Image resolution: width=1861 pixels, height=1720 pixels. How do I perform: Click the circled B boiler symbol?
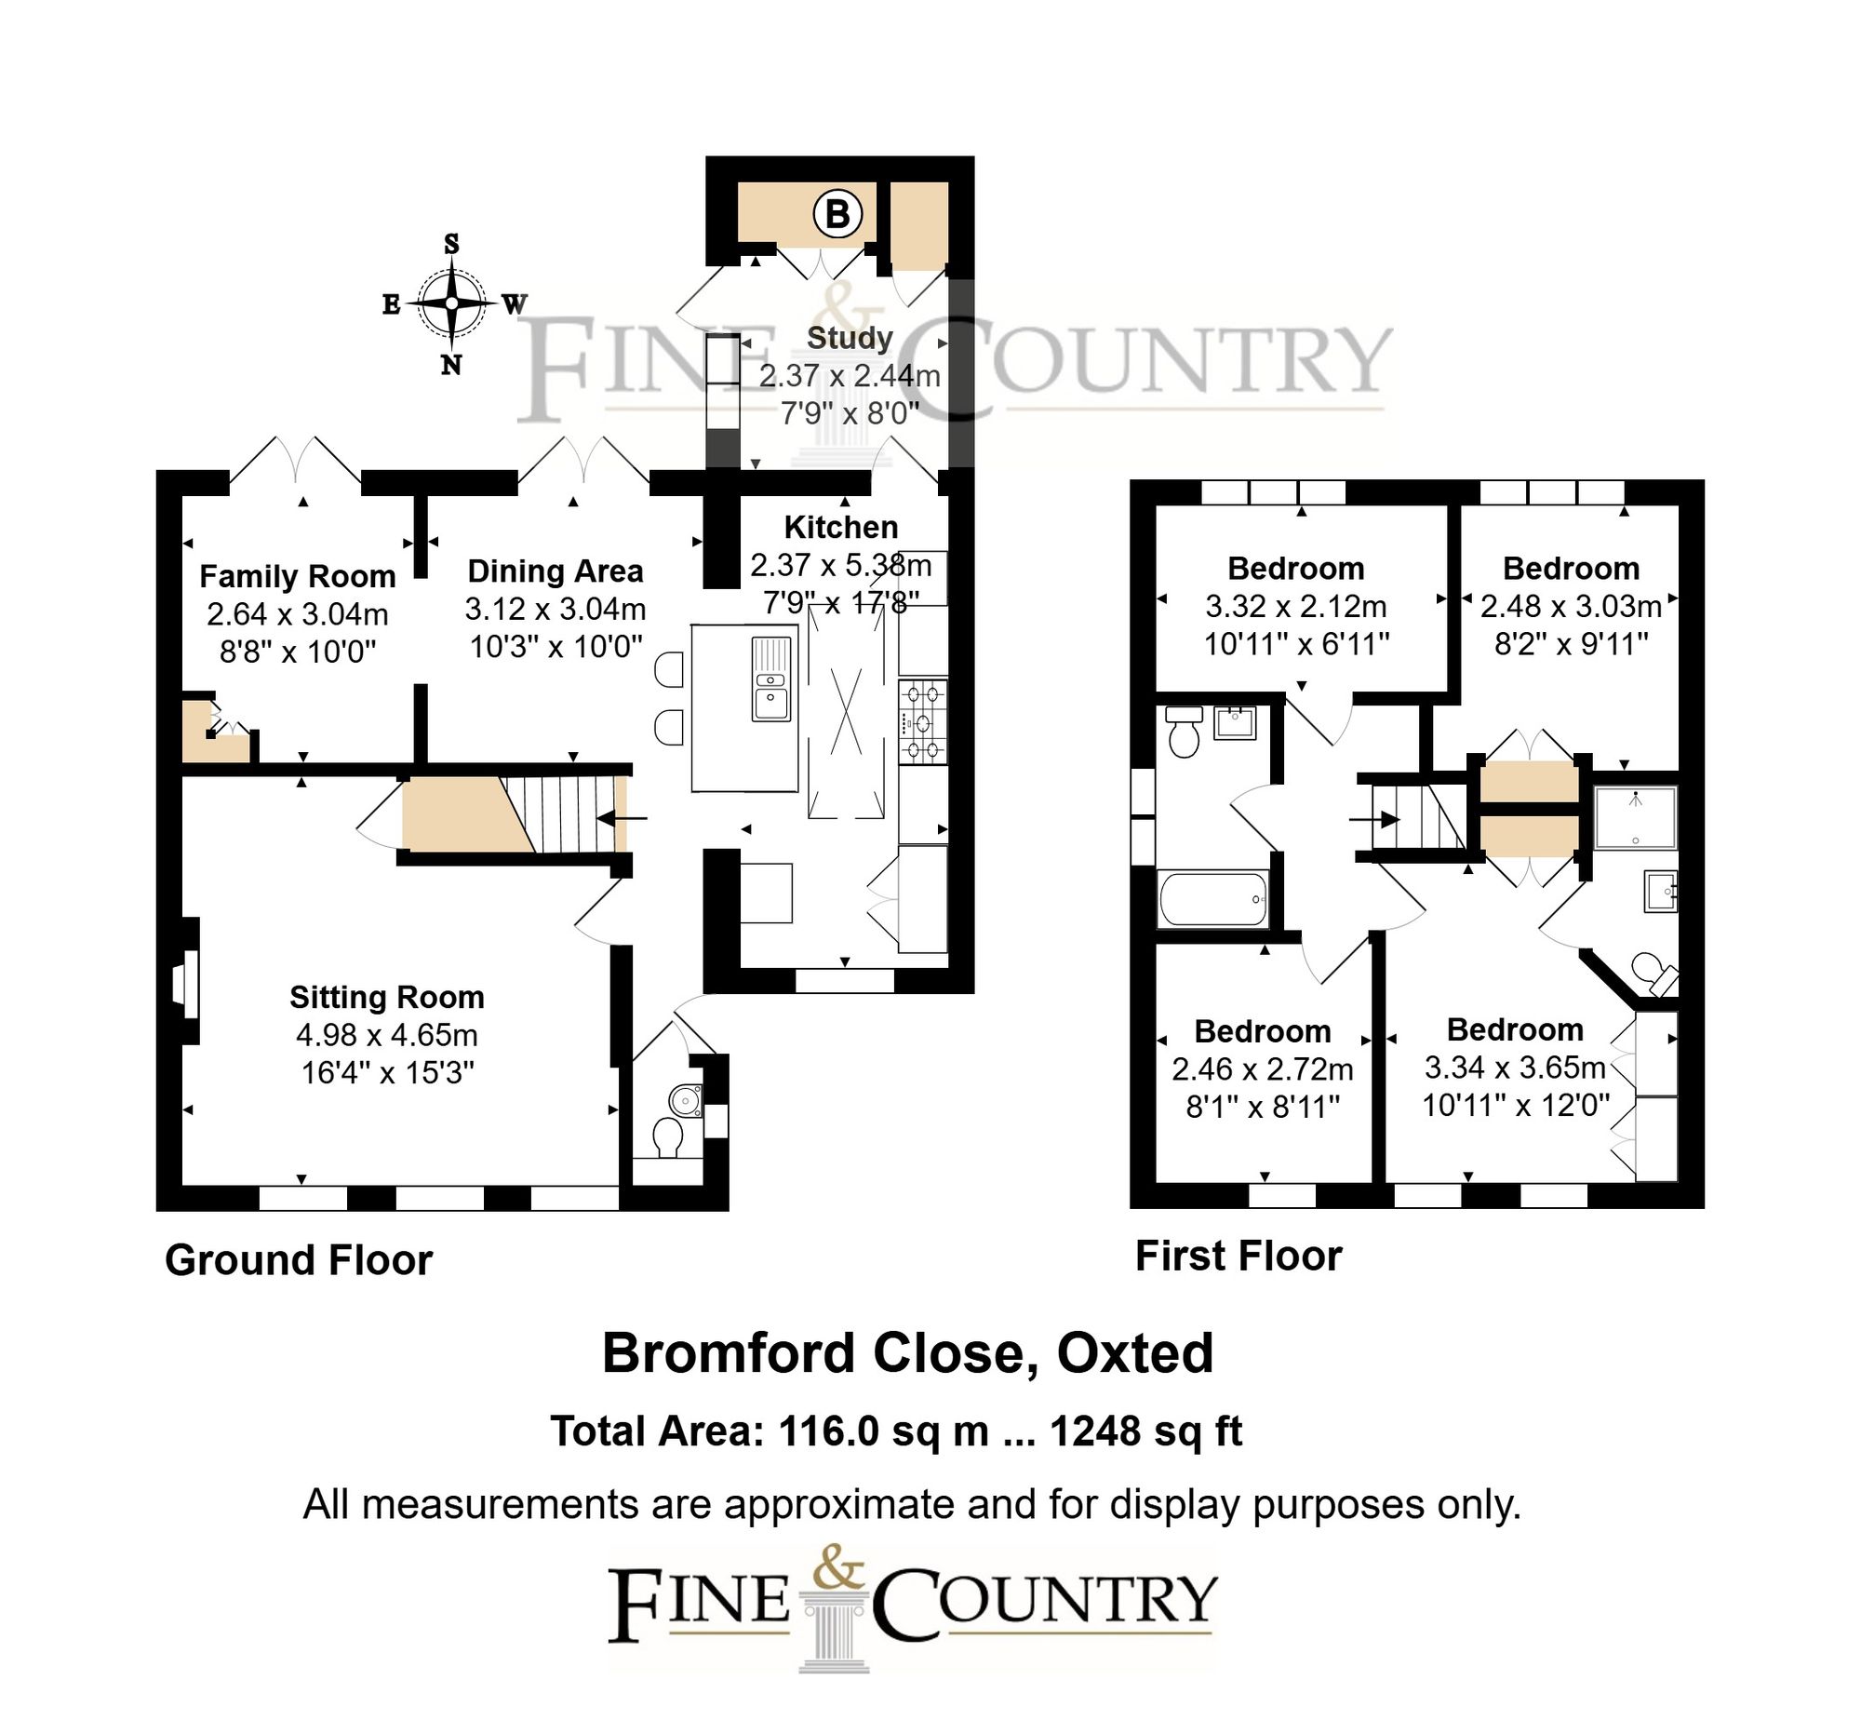[x=837, y=215]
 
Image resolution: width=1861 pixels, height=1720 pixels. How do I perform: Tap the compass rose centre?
[x=451, y=303]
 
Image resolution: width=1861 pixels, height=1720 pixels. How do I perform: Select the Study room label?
[x=850, y=338]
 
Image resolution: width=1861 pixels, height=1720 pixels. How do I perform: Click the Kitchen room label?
[x=841, y=528]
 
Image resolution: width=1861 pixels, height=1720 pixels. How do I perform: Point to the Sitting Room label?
[x=387, y=998]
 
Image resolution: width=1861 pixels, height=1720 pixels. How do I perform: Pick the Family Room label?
[x=298, y=577]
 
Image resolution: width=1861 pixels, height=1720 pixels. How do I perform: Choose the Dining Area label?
[x=556, y=571]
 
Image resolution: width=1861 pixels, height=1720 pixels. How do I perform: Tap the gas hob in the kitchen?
[x=922, y=722]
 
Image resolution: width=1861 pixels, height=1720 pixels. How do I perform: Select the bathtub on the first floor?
[x=1212, y=899]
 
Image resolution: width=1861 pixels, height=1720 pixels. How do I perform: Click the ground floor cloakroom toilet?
[x=667, y=1136]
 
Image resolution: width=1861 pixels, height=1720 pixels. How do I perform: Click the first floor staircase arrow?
[x=1375, y=820]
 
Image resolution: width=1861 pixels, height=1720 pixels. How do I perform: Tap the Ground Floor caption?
[x=299, y=1260]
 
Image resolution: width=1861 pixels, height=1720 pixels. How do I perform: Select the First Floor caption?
[x=1238, y=1256]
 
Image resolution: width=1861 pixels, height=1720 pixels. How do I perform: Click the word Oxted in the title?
[x=1135, y=1354]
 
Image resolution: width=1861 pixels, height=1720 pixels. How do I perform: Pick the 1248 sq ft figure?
[x=1146, y=1431]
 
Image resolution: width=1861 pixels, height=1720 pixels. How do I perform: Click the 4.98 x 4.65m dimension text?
[x=387, y=1035]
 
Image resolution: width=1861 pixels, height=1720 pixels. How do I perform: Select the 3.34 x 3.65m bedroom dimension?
[x=1515, y=1068]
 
